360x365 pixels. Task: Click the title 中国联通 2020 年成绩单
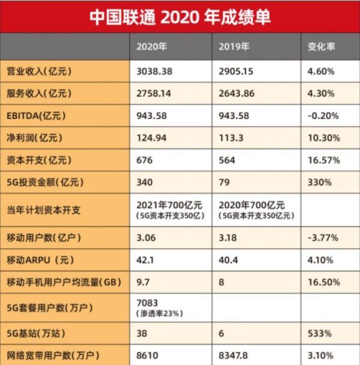click(x=180, y=16)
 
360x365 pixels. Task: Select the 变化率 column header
click(x=321, y=47)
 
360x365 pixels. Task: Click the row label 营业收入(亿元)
click(x=38, y=71)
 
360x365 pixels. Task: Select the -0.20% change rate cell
click(x=323, y=116)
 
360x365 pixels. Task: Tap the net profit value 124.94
click(x=153, y=138)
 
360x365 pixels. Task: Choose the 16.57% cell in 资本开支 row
click(x=323, y=160)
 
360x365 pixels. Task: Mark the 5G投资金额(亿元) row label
click(x=43, y=182)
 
